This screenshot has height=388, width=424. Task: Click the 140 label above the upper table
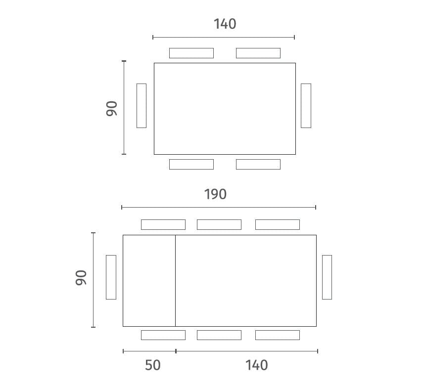225,24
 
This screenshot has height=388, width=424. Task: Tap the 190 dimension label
215,194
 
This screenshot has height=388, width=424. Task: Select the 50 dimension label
153,365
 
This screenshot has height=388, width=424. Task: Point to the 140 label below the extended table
256,365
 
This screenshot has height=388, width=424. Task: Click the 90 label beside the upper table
112,109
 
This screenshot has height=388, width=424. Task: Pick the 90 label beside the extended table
81,277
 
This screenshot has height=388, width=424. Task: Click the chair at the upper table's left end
141,106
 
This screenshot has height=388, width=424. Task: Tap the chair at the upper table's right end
306,106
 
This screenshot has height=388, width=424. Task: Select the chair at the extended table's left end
111,277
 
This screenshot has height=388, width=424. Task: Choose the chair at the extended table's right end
327,277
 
